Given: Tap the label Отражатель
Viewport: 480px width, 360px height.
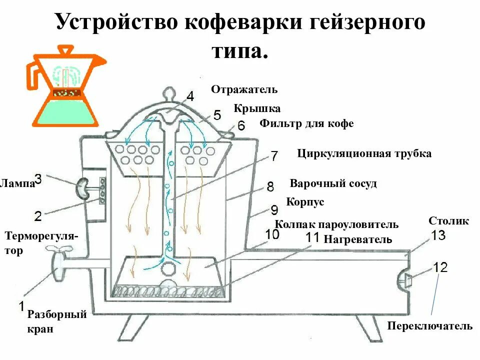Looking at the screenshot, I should (244, 89).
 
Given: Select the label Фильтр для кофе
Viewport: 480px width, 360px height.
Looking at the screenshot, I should (306, 123).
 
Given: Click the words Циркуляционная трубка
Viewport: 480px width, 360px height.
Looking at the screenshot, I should (364, 153).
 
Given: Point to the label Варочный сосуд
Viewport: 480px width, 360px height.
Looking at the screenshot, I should (333, 183).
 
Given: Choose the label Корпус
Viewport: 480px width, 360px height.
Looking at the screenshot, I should (305, 202).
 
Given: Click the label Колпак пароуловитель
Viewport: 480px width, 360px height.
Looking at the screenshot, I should (337, 224).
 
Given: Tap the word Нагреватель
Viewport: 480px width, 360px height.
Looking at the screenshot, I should (358, 239).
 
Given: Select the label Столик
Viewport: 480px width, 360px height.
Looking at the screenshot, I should (449, 220).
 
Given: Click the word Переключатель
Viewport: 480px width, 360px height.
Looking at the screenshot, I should (429, 326).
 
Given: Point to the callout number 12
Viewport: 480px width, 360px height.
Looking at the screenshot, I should (440, 267).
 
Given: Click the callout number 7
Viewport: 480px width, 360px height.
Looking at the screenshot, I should (274, 156).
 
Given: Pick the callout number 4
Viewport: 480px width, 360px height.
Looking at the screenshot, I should (190, 95).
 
